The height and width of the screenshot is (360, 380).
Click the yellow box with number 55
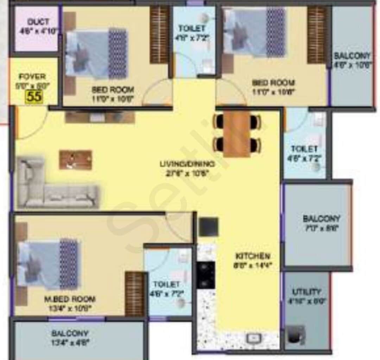34,96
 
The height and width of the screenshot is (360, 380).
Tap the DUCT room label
38,21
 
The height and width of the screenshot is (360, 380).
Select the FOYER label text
32,76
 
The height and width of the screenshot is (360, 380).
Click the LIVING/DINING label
187,164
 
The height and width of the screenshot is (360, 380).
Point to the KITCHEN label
253,256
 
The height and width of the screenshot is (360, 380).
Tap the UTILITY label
306,292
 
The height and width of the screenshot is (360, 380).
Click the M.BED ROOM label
69,299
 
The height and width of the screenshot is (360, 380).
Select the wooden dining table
237,134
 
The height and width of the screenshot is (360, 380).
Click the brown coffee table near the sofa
76,160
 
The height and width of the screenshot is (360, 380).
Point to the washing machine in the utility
296,335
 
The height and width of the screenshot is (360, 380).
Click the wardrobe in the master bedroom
135,294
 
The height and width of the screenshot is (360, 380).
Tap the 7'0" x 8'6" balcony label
321,223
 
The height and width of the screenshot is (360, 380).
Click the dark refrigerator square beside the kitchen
208,227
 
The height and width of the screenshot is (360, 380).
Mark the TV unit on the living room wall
100,117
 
